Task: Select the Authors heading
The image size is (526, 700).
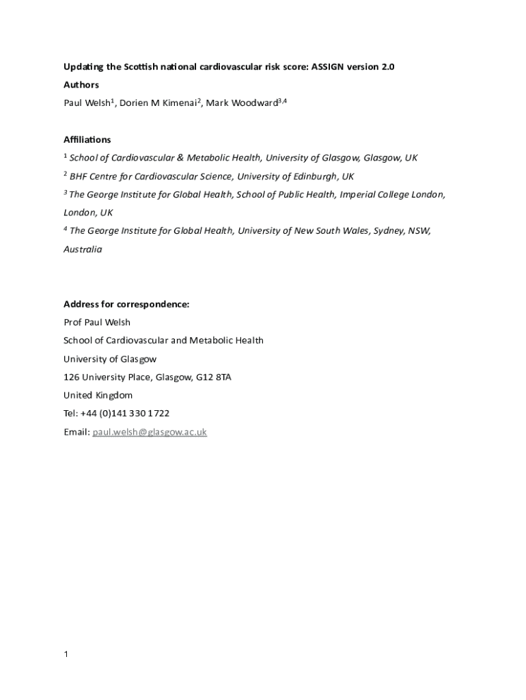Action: [x=81, y=85]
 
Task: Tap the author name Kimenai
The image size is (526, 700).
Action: [x=180, y=103]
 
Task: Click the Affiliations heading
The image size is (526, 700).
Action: [x=87, y=139]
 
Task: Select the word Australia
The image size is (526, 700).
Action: [x=83, y=250]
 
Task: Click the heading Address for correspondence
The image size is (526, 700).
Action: [x=126, y=304]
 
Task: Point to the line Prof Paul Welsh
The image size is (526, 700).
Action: [x=96, y=323]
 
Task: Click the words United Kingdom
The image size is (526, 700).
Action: [x=98, y=395]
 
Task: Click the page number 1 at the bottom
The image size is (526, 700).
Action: [x=66, y=655]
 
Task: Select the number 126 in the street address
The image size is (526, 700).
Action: [x=71, y=377]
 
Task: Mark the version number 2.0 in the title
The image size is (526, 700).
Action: [x=387, y=66]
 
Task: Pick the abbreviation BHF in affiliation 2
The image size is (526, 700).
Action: [x=79, y=176]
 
